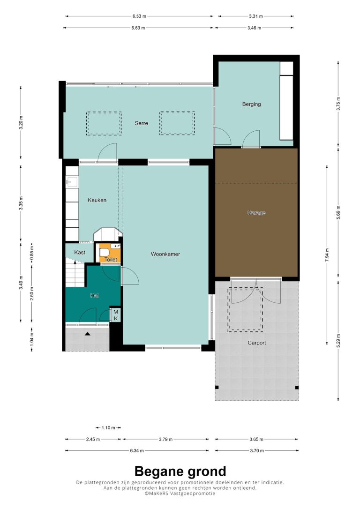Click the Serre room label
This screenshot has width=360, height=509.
(141, 123)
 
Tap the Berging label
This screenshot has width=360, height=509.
(251, 104)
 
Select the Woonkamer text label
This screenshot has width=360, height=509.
(165, 254)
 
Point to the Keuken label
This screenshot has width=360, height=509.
(97, 200)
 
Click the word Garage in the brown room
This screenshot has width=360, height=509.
(256, 213)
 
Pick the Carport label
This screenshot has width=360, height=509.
(257, 343)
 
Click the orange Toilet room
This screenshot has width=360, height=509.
(109, 253)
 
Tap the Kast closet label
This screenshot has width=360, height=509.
(80, 252)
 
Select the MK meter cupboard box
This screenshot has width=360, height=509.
(116, 315)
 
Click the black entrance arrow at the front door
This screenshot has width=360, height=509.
(87, 334)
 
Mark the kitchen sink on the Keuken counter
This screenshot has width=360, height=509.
(72, 182)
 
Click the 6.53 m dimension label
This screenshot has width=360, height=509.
(139, 16)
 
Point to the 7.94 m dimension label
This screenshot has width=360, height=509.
(327, 255)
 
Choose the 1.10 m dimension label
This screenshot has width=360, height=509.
(108, 428)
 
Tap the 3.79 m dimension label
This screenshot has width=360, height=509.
(165, 439)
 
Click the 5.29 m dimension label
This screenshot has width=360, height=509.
(338, 341)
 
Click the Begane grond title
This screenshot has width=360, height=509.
(180, 471)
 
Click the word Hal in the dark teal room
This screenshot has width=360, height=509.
(95, 296)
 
